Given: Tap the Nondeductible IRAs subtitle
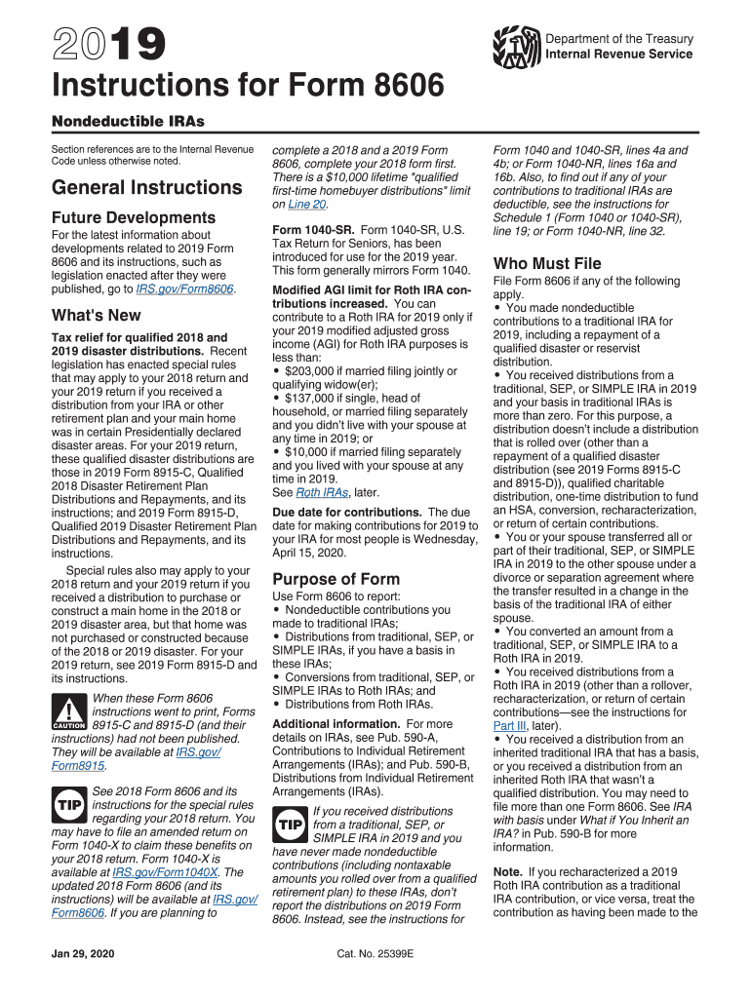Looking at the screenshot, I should click(x=128, y=122).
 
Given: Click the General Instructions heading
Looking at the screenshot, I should click(x=147, y=186).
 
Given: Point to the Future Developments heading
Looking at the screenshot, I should click(x=134, y=217).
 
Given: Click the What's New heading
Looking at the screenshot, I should click(x=96, y=315).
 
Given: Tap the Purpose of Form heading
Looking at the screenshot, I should click(x=336, y=579).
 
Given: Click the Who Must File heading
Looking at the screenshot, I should click(x=547, y=263).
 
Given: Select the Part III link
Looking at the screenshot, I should click(x=509, y=726).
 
